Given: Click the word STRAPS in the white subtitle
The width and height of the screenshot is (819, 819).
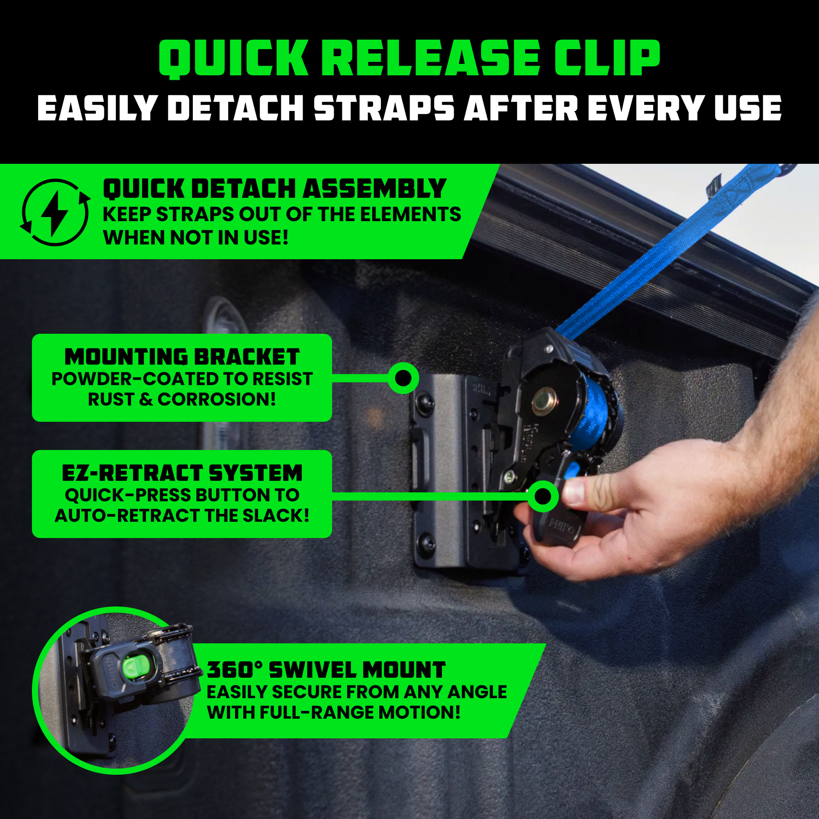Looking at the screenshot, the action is (x=384, y=108).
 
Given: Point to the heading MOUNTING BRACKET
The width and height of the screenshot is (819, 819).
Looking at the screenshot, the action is (x=182, y=357).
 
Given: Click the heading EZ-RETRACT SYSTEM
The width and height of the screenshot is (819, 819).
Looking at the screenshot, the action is (x=182, y=473).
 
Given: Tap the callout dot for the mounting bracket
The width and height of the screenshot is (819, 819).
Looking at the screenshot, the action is (x=403, y=377).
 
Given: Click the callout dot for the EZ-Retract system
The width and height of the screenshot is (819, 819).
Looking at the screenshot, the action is (x=543, y=495).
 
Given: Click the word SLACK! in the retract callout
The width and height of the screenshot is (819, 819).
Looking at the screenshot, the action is (x=275, y=515).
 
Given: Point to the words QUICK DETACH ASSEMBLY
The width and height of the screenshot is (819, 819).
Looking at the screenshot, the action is (x=274, y=189).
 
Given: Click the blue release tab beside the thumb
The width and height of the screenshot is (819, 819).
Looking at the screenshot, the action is (x=571, y=469).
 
